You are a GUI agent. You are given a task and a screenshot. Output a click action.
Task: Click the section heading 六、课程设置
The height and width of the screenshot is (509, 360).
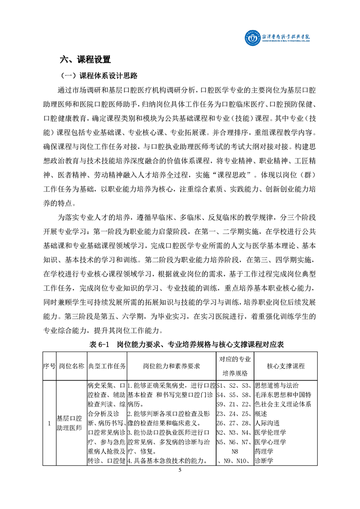[x=85, y=59]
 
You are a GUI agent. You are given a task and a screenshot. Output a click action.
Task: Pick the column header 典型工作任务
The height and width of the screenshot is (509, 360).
[x=107, y=366]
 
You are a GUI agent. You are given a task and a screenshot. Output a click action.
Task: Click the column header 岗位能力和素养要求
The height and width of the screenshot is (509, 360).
[x=172, y=366]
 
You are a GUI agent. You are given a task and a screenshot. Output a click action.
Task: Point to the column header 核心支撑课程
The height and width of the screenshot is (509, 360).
[x=286, y=366]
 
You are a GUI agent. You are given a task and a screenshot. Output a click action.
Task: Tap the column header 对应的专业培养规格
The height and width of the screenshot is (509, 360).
[x=235, y=366]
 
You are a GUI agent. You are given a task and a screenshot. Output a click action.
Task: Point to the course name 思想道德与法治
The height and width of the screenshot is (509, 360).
[x=276, y=386]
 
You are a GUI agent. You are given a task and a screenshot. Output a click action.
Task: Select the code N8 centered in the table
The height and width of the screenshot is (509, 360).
[x=235, y=452]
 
